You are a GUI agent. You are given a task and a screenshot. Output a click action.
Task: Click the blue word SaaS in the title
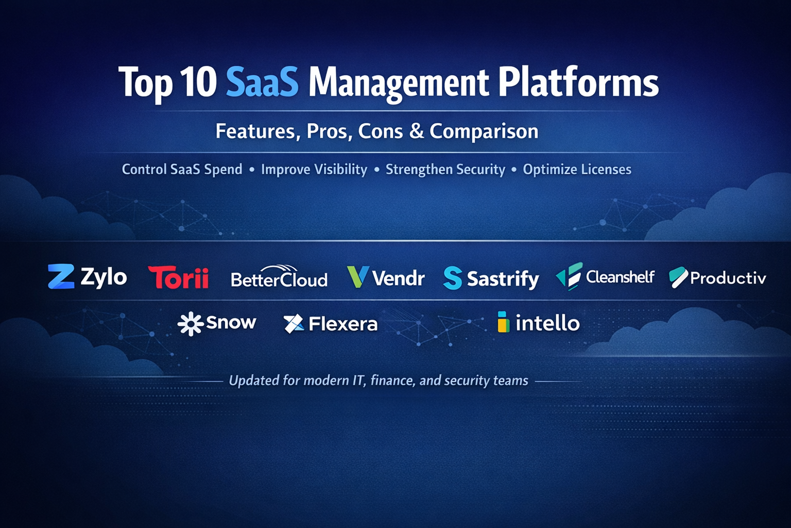point(262,82)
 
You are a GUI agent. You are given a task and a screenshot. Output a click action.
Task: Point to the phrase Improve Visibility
point(314,170)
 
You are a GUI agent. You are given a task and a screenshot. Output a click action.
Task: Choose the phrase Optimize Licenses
point(577,170)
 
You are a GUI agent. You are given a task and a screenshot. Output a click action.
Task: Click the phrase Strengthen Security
point(445,170)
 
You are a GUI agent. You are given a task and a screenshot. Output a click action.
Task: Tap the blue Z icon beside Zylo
point(61,276)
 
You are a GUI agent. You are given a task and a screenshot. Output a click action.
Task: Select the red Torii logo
point(178,277)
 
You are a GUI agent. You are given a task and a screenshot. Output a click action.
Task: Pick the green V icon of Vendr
point(358,276)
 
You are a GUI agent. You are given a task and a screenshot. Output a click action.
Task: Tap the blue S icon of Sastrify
point(452,278)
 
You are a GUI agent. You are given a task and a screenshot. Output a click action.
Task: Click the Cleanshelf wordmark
point(620,277)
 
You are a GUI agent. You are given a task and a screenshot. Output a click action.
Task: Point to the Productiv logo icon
point(678,277)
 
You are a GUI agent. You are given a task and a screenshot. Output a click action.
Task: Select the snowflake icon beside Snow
point(191,324)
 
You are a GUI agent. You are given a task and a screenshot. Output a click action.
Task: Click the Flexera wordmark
point(343,324)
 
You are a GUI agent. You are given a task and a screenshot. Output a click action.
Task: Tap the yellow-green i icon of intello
point(503,322)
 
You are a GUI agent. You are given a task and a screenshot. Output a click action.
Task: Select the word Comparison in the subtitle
point(484,131)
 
